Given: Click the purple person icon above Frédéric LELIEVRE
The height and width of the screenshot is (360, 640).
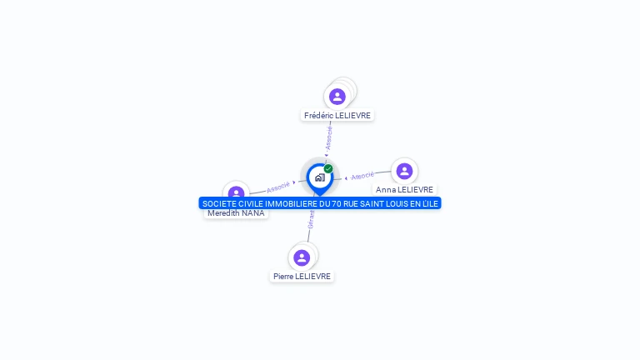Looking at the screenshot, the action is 337,97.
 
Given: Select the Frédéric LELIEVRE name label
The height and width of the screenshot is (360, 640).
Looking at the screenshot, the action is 337,116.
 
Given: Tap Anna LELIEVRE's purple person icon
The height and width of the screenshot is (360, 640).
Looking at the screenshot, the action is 404,171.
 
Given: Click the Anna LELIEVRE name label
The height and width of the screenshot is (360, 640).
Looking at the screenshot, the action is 404,189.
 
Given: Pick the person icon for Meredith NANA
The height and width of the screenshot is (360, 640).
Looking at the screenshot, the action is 237,192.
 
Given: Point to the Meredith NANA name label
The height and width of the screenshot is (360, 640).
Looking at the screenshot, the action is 236,213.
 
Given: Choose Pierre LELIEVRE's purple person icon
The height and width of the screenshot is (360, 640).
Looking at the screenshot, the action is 302,257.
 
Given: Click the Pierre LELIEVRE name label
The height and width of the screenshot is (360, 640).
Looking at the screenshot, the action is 302,276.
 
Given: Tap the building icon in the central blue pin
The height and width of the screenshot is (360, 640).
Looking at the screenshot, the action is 319,177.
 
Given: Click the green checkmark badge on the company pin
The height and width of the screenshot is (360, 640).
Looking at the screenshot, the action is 328,168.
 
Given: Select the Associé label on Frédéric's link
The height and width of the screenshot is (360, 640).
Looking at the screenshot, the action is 329,137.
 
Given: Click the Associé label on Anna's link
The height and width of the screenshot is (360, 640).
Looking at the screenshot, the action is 362,176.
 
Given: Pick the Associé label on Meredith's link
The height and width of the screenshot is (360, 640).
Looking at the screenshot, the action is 278,187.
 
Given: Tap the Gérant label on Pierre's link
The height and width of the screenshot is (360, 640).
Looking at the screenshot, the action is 311,219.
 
